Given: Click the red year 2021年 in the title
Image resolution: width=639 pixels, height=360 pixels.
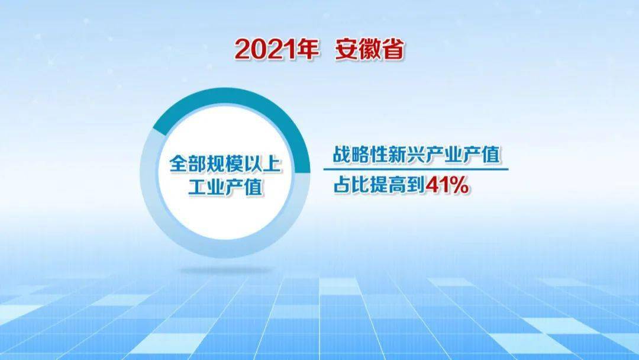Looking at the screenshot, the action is click(276, 49).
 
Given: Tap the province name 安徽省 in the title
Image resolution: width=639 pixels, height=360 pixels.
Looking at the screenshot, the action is click(370, 49).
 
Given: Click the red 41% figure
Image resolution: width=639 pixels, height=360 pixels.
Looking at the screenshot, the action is click(447, 186).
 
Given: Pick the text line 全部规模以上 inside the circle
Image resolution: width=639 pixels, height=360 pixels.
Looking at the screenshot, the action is click(225, 164).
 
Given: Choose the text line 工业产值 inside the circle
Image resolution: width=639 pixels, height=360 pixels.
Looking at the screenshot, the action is click(225, 188).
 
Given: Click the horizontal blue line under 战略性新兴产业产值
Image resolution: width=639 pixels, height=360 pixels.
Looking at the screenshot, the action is click(416, 169).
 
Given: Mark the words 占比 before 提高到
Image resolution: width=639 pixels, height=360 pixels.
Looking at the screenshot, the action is click(351, 186).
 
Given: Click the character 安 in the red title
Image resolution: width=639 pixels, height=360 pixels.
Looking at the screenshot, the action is click(347, 49).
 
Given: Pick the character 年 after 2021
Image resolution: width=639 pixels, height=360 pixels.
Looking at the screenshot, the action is click(307, 49).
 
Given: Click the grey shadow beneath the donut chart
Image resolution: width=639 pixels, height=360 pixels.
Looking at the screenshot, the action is click(225, 270).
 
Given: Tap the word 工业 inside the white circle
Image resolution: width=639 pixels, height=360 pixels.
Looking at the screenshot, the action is click(206, 188).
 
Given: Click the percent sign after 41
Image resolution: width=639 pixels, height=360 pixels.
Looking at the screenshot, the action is click(459, 186).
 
